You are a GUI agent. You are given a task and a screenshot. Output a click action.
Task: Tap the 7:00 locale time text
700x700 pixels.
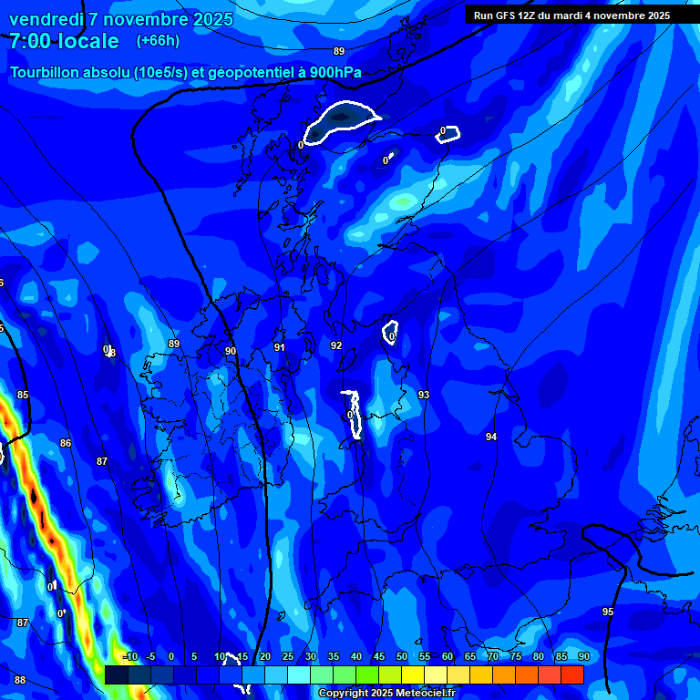[64, 41]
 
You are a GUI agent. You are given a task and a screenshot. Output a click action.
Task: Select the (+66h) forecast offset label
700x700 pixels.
[158, 41]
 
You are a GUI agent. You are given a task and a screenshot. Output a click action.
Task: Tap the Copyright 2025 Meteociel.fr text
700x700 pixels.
[386, 694]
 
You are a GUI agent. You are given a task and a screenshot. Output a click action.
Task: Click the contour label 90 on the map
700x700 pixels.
[231, 351]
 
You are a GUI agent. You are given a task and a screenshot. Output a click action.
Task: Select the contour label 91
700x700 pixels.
[280, 347]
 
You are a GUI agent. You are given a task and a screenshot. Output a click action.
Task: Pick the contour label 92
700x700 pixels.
[336, 346]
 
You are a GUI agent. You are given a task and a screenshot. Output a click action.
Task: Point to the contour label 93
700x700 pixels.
[424, 395]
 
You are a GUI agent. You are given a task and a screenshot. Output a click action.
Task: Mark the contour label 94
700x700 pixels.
[491, 437]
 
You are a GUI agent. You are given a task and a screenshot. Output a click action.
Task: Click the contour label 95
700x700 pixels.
[608, 612]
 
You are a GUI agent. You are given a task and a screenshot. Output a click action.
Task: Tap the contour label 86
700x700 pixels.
[66, 443]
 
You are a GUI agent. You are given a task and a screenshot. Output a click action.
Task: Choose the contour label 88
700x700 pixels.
[20, 680]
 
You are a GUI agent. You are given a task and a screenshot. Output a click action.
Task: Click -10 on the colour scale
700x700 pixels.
[129, 657]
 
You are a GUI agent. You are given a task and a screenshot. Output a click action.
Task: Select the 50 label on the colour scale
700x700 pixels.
[401, 657]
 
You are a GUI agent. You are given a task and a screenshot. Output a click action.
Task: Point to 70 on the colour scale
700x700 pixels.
[493, 657]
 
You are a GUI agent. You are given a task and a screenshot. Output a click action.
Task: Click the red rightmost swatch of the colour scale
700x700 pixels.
[572, 674]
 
